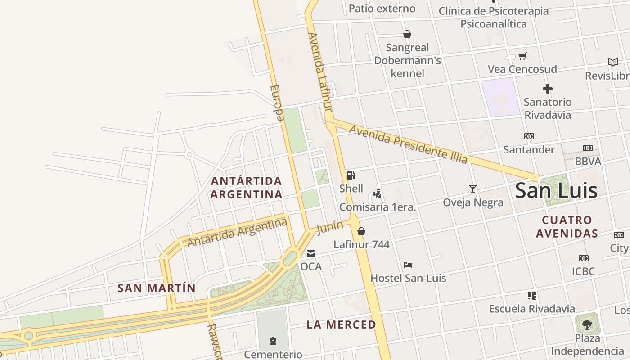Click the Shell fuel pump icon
tap(351, 175)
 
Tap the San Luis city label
tap(556, 190)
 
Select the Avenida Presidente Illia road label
tap(408, 144)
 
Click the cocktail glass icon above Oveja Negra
tap(472, 189)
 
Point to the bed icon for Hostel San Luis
tap(408, 265)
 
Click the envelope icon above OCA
tap(311, 254)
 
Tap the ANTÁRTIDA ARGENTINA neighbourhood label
tap(247, 188)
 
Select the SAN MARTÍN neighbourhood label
tap(157, 288)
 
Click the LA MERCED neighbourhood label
tap(341, 324)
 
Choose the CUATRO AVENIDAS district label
tap(570, 227)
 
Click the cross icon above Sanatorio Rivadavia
tap(548, 89)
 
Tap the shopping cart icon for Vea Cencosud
tap(522, 56)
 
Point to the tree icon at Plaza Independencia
tap(587, 324)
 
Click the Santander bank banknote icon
tap(529, 136)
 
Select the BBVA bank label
tap(588, 161)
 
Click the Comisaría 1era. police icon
tap(378, 194)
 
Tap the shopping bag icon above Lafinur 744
tap(361, 232)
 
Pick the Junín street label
tap(330, 228)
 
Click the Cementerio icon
tap(273, 341)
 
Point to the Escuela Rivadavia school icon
tap(532, 296)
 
